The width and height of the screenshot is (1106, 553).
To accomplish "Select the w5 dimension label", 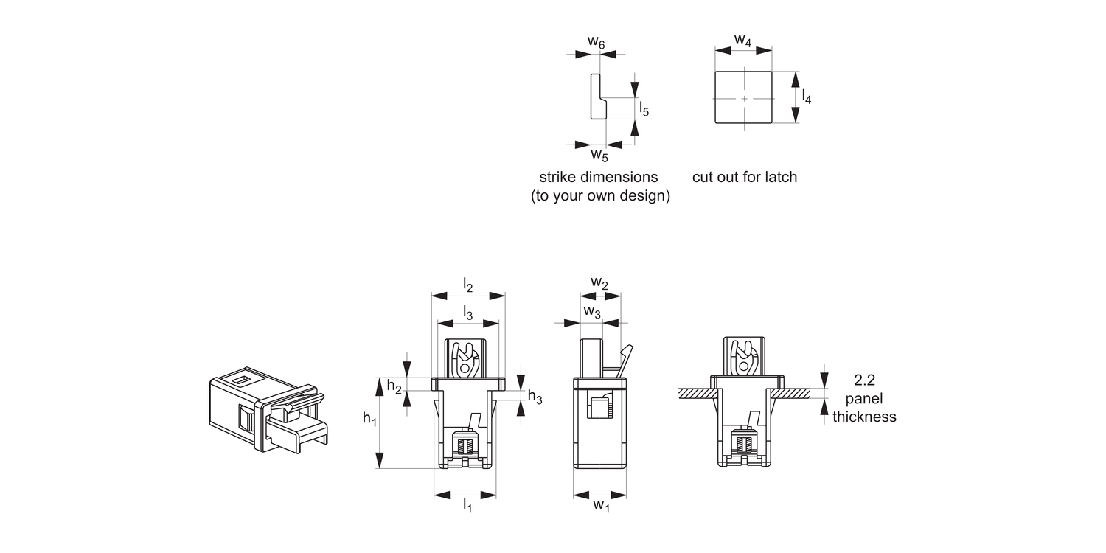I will coord(599,156).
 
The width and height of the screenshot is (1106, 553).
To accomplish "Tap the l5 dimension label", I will coord(644,110).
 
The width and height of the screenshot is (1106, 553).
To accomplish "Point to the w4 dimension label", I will coord(743,41).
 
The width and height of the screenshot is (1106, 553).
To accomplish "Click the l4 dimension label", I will coord(807,97).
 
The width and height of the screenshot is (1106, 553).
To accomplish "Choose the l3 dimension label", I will coord(468,313).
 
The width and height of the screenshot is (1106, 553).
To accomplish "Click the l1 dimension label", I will coord(467,505).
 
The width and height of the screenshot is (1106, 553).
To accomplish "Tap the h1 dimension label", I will coord(369,419).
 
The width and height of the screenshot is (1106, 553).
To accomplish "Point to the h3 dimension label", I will coord(535,397).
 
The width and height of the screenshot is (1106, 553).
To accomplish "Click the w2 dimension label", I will coord(599,284).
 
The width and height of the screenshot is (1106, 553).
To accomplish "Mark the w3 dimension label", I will coord(592,312).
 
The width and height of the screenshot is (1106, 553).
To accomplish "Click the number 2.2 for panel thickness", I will coord(864,381).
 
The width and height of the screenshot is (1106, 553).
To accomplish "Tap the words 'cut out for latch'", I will coord(745,177).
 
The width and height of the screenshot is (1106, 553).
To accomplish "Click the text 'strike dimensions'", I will coord(598,177).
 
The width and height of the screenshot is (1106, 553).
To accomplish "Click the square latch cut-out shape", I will coord(744,97).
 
